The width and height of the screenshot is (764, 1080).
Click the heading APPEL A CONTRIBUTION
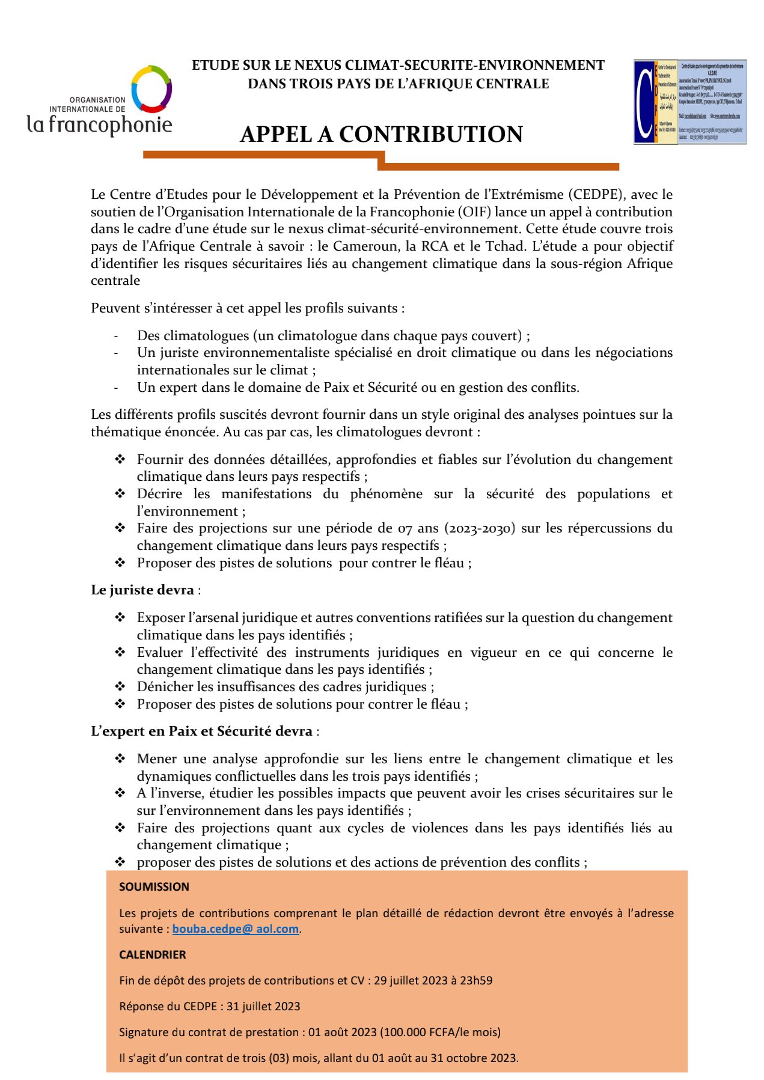[381, 134]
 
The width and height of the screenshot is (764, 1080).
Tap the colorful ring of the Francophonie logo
[151, 89]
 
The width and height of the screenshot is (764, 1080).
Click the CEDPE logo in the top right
[690, 102]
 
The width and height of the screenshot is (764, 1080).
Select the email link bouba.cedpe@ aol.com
[236, 929]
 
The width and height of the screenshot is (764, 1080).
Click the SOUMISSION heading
[154, 886]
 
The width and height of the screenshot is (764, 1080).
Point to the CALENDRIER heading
[153, 954]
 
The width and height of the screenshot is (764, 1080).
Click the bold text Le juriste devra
[142, 590]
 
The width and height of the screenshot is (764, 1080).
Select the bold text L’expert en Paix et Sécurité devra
[201, 731]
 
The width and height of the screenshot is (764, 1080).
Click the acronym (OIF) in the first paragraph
[475, 212]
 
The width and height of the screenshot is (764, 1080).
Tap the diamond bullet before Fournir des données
[120, 459]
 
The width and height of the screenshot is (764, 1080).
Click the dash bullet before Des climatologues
[116, 335]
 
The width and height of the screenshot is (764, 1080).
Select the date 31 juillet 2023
[263, 1006]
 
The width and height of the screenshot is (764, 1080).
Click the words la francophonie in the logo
[100, 124]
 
